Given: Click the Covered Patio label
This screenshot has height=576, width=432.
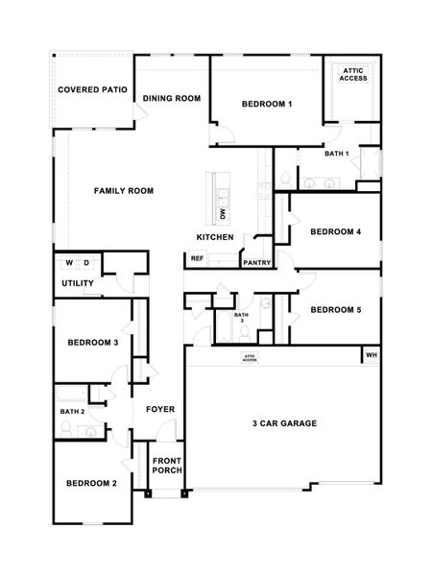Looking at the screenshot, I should tap(92, 89).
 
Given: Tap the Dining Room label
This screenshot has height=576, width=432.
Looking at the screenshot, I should tap(171, 98).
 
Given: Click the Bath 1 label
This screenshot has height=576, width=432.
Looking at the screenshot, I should tap(336, 154).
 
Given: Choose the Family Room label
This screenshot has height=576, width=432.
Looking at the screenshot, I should tap(123, 191).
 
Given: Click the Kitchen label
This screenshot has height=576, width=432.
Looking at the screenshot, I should tap(215, 237).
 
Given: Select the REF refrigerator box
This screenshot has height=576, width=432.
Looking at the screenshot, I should tap(197, 258).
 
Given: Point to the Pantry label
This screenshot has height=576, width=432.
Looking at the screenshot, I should tap(256, 262).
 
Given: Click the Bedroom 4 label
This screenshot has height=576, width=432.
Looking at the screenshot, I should tap(336, 231).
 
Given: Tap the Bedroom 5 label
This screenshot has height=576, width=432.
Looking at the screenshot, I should tap(336, 309).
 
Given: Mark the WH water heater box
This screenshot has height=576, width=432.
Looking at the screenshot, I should tap(371, 356).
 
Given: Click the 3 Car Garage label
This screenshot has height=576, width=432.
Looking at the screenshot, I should tap(284, 423).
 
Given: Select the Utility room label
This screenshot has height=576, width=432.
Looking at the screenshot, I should tap(77, 283).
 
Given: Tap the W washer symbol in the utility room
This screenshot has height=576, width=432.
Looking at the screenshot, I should tap(69, 262).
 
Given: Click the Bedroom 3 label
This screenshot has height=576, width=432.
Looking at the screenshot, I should tap(92, 343).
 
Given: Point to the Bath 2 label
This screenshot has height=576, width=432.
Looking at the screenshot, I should tap(73, 412).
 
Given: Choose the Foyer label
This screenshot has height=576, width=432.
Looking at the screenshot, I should tap(159, 410).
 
